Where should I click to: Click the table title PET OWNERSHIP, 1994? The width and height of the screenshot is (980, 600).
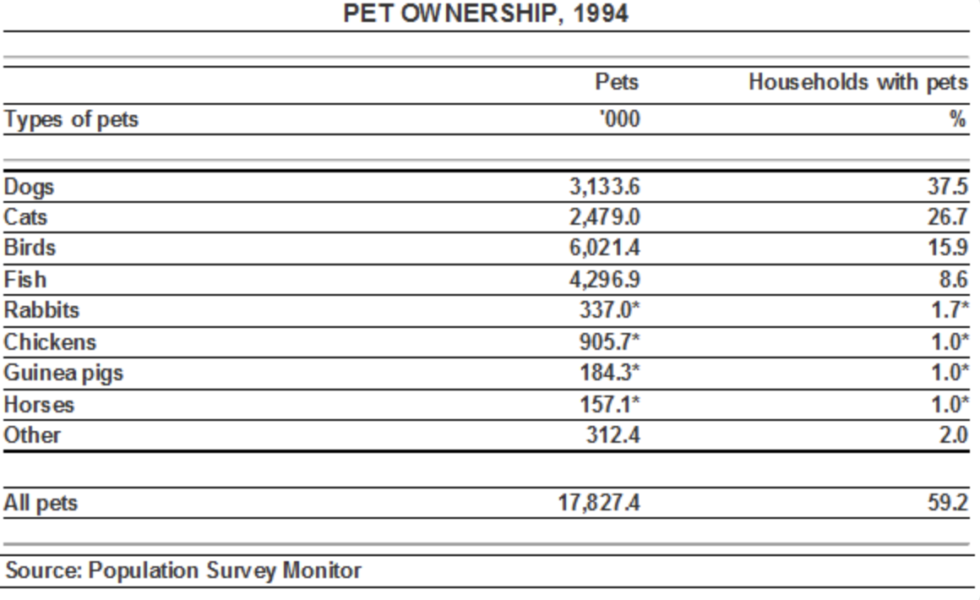click(486, 14)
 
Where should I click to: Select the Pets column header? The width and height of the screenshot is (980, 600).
click(617, 82)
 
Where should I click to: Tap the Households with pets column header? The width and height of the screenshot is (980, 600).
click(858, 83)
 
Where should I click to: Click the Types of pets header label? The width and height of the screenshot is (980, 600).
click(71, 119)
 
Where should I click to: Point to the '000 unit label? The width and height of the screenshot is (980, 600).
click(619, 119)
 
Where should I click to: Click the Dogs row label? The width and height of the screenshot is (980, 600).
click(29, 187)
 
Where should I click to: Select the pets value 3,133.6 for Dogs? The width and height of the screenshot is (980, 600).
click(604, 186)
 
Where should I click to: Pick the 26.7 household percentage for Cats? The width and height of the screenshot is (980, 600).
click(948, 217)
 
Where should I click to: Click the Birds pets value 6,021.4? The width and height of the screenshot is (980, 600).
click(604, 248)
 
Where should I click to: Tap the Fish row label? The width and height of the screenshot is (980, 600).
click(25, 279)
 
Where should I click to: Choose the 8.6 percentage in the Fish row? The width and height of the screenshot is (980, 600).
click(953, 279)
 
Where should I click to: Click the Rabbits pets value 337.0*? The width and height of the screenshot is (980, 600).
click(609, 309)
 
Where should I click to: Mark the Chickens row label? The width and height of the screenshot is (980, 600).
click(50, 342)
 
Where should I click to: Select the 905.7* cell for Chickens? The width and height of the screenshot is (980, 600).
click(609, 341)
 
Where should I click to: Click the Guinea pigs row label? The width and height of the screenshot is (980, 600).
click(63, 374)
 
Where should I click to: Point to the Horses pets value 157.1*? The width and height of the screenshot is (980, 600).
click(609, 404)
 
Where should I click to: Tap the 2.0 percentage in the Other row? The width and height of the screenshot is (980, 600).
click(953, 434)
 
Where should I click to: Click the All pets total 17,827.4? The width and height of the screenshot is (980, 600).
click(599, 503)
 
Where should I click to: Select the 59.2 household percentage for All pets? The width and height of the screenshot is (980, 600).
click(948, 503)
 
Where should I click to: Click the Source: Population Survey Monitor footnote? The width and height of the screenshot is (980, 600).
click(183, 570)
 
